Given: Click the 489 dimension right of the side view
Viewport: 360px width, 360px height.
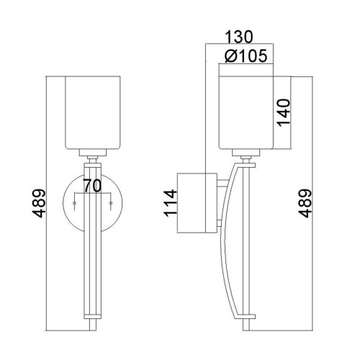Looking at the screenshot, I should tap(305, 203).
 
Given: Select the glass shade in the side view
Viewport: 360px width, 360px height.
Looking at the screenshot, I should tap(244, 112).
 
